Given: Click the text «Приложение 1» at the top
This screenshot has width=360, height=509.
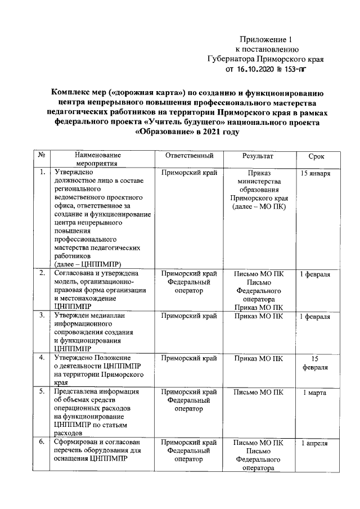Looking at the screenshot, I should click(x=266, y=39).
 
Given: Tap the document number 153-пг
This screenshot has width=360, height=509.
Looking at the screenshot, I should click(x=297, y=70).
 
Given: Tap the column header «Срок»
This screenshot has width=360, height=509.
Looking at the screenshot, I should click(x=316, y=155).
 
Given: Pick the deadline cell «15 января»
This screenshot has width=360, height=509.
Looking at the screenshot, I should click(x=316, y=174).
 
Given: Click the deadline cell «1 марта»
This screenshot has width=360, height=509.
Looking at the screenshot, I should click(x=316, y=392).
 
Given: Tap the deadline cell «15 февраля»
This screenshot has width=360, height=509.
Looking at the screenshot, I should click(x=316, y=362).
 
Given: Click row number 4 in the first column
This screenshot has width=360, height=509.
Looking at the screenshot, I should click(x=42, y=358).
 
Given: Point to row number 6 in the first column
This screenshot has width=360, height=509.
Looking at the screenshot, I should click(x=42, y=443).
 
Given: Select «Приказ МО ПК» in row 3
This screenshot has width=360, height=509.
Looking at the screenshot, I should click(x=258, y=317).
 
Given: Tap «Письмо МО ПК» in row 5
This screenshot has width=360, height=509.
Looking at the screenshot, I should click(x=258, y=391).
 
